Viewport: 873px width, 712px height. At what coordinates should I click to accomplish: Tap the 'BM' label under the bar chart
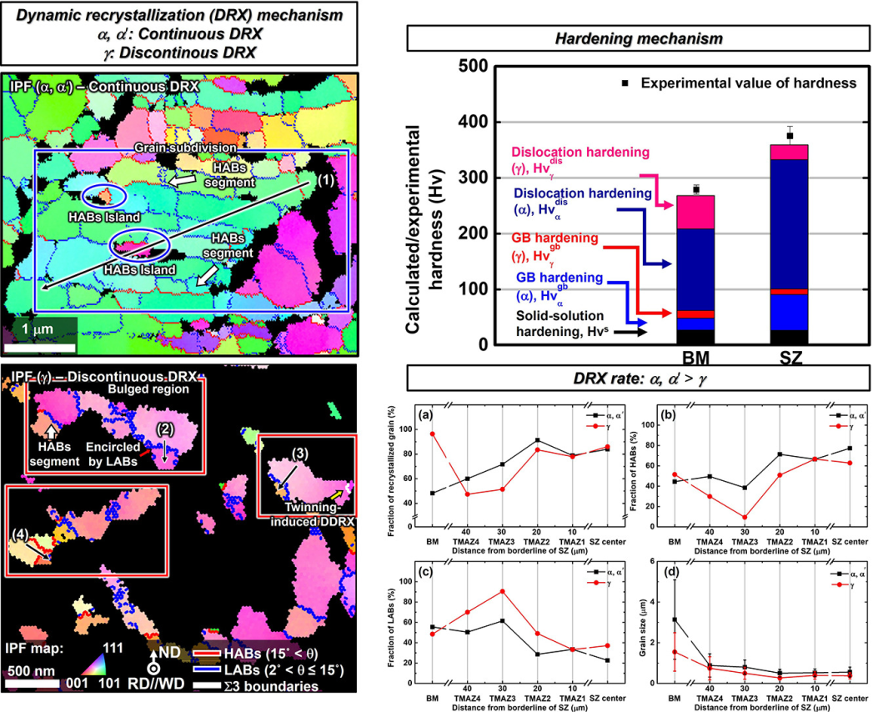pyautogui.click(x=695, y=360)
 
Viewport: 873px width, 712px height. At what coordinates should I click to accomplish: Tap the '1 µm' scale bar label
pyautogui.click(x=39, y=329)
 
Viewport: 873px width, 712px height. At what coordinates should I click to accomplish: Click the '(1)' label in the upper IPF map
pyautogui.click(x=326, y=179)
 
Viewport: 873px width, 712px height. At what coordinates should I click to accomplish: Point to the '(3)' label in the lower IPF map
pyautogui.click(x=300, y=454)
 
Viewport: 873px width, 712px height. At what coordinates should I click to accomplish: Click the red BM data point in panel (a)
pyautogui.click(x=432, y=434)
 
